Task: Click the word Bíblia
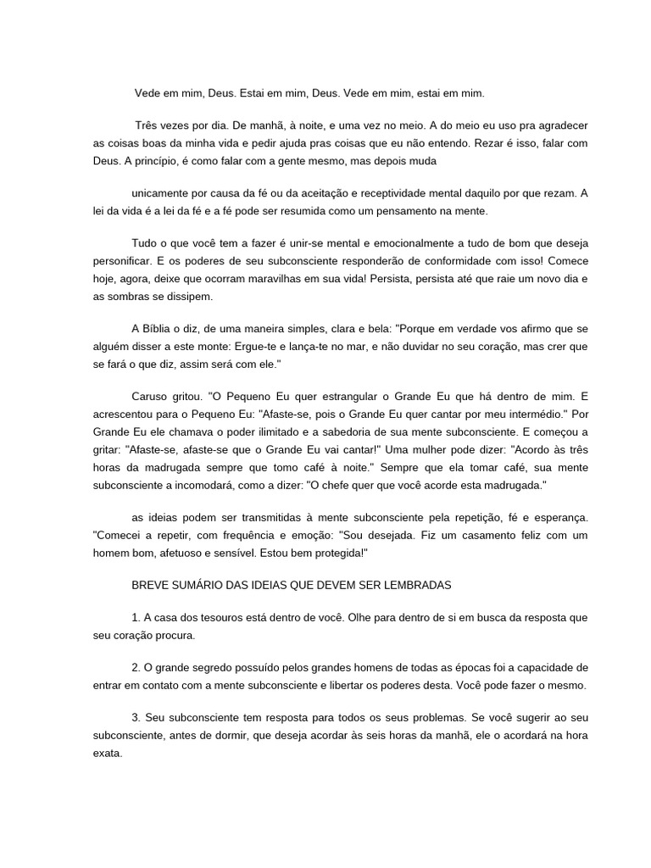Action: [x=161, y=330]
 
